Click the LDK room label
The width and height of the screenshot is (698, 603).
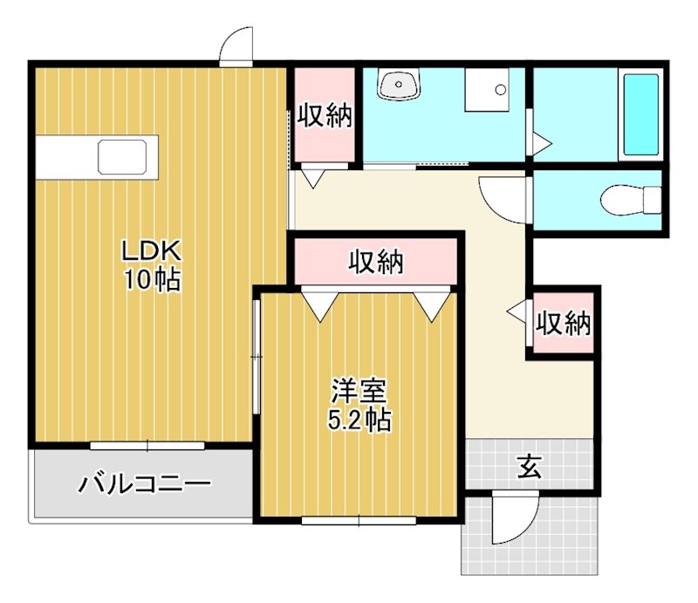point(150,252)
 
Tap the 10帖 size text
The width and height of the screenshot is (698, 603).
point(150,279)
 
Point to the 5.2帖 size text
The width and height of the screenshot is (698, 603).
point(359,420)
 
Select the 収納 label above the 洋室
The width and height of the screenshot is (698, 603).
point(376,262)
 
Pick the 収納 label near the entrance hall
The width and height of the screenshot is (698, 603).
point(563,324)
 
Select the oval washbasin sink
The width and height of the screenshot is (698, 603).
point(400,85)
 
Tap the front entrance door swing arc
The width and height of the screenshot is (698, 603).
point(510,521)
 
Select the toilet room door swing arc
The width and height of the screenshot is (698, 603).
point(504,197)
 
